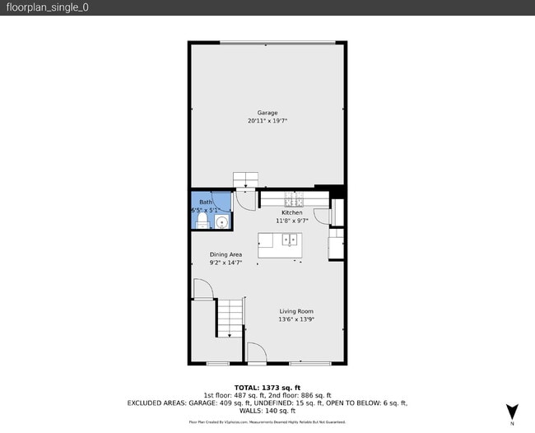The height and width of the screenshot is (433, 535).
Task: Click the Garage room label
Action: [x=267, y=113]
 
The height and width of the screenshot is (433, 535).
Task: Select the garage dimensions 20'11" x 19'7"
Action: [x=267, y=121]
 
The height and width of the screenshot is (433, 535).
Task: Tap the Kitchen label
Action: [x=292, y=212]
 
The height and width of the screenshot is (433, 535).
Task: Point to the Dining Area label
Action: [x=225, y=254]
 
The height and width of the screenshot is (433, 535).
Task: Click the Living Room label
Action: [x=296, y=311]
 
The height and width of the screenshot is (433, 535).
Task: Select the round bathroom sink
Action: [x=221, y=221]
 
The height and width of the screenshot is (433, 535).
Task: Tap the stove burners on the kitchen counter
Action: [x=295, y=200]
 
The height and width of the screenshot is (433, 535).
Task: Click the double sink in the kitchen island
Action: [x=290, y=240]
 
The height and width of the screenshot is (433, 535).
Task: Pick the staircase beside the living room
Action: [x=231, y=318]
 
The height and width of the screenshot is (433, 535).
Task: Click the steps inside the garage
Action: [x=245, y=180]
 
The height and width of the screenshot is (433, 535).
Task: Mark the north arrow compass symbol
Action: [x=512, y=412]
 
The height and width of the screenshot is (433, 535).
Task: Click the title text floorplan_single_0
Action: [x=47, y=7]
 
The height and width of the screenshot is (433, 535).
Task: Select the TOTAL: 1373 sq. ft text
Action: [x=267, y=387]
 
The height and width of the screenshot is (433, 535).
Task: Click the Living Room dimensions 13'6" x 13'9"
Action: [x=296, y=319]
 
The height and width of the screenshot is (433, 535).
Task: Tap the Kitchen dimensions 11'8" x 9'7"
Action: [x=292, y=221]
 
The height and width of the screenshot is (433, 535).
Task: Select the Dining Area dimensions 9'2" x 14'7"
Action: [x=225, y=263]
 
